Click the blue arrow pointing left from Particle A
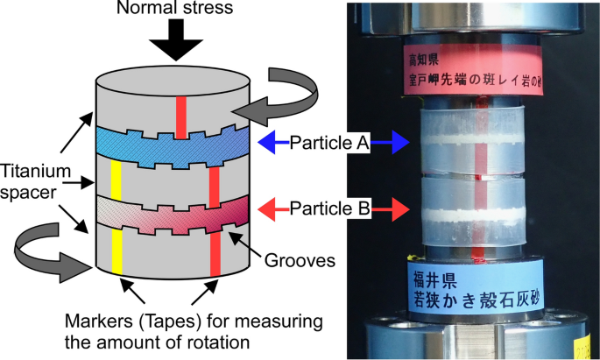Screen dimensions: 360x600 pos(274,142)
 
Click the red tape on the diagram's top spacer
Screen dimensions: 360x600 pos(180,116)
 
